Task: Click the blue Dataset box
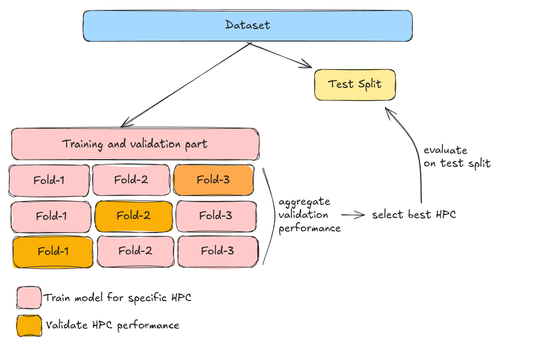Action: coord(247,26)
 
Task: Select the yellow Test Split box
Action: coord(355,84)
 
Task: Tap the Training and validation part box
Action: coord(135,144)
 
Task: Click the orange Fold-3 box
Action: coord(213,180)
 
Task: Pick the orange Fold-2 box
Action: coord(134,216)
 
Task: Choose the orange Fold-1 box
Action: coord(53,251)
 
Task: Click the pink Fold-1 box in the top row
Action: coord(50,181)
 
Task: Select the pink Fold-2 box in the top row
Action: coord(131,180)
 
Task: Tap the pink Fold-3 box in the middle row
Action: coord(215,216)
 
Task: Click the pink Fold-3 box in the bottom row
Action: coord(217,251)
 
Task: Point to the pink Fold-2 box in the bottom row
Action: coord(135,251)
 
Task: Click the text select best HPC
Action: coord(414,214)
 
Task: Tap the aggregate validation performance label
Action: coord(309,215)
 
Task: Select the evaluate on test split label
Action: coord(456,157)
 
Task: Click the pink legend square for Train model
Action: coord(29,298)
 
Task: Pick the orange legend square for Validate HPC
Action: coord(29,325)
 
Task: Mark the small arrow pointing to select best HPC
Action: coord(353,214)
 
